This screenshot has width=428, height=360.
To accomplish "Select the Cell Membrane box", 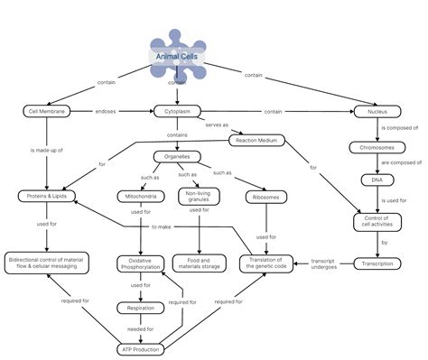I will pos(46,112).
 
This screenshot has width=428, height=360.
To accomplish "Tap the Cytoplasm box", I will pos(176,112).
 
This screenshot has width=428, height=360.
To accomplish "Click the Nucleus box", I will pos(372,112).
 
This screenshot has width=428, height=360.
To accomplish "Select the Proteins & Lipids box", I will pos(46,196).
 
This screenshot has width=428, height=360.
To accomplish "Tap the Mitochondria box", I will pos(140,196).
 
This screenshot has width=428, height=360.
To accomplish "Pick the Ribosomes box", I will pos(265,196).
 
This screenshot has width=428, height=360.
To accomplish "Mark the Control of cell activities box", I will pos(372,221).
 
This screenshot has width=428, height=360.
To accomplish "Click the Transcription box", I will pos(372,264).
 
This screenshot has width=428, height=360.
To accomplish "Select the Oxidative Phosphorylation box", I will pos(140,264).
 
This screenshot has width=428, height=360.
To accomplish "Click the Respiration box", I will pos(140,309).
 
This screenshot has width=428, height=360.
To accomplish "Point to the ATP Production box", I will pos(140,348).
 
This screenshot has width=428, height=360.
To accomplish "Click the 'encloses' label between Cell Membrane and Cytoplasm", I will pos(107,112).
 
